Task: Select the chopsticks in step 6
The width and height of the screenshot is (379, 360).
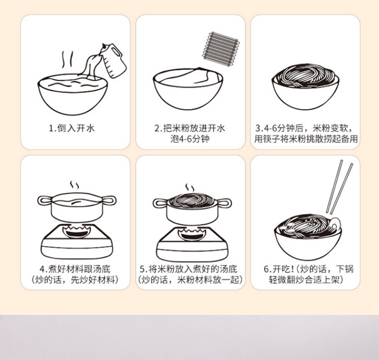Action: (339, 186)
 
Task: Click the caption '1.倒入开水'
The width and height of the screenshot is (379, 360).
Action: (75, 128)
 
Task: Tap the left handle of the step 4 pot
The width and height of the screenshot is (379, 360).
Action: (45, 200)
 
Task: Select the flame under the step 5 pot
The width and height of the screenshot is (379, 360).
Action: (191, 234)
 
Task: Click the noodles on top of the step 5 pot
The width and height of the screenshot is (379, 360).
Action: (191, 198)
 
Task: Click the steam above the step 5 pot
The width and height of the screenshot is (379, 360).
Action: (190, 187)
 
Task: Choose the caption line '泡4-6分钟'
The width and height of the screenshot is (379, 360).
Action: (190, 140)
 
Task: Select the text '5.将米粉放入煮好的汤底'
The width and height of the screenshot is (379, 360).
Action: (190, 269)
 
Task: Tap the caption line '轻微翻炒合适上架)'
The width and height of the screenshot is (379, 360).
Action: (306, 279)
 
